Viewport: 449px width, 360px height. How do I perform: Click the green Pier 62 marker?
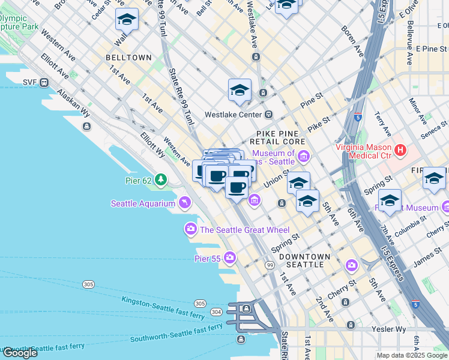[160, 179]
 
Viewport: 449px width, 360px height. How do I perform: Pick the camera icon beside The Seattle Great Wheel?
[191, 229]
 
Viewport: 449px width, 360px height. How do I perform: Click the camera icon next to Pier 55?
[230, 258]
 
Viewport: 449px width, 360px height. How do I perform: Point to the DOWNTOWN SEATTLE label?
[303, 261]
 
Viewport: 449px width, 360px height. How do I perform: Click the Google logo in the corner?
[20, 352]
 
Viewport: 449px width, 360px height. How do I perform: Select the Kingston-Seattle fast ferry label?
[158, 302]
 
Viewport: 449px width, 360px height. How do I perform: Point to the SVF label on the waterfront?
[30, 82]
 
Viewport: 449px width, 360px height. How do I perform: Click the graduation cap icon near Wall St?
[127, 20]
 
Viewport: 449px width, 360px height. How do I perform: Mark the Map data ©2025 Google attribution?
[412, 355]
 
